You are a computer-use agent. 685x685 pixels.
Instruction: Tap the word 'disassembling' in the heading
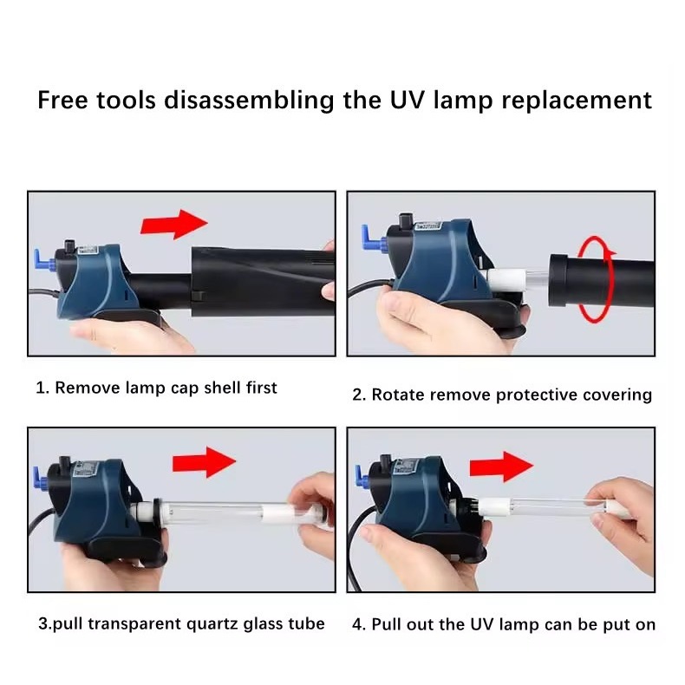coord(249,101)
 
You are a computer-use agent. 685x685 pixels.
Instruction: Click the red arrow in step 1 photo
coord(174,224)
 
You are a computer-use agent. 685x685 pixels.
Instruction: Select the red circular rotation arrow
coord(596,279)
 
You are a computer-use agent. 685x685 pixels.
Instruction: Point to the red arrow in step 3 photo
coord(204,462)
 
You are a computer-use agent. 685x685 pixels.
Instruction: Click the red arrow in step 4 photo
coord(501,467)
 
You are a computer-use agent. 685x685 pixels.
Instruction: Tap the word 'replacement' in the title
coord(577,101)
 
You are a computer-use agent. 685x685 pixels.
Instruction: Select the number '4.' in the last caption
coord(359,624)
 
